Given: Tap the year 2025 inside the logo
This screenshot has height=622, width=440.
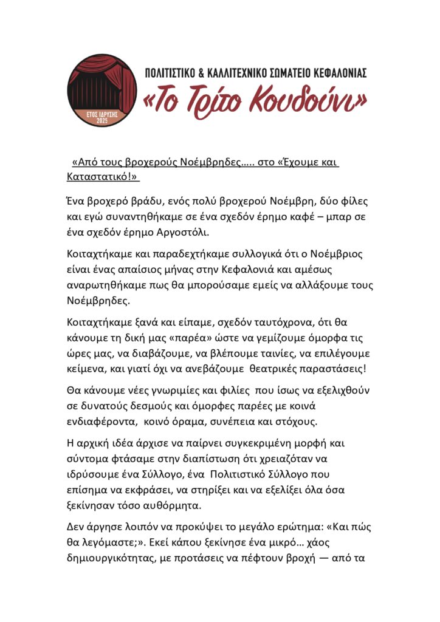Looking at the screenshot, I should pyautogui.click(x=101, y=120).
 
